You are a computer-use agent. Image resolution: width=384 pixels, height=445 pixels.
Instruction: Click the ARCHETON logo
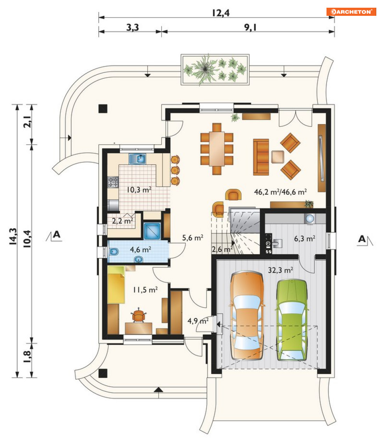(351, 12)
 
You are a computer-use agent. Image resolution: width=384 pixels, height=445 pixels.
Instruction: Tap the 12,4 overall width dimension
(221, 13)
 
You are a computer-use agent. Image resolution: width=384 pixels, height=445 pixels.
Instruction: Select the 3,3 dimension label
(132, 27)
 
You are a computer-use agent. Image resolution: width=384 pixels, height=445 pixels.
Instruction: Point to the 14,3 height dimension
(12, 236)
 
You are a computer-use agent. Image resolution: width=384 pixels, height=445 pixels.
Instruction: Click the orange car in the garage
(247, 315)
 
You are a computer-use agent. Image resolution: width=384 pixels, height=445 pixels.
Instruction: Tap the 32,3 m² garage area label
(280, 270)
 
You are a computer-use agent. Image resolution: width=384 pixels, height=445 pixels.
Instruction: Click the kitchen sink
(138, 159)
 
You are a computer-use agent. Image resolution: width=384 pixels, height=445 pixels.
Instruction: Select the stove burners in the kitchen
(113, 182)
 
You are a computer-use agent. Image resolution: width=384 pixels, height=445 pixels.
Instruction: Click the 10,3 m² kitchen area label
(139, 190)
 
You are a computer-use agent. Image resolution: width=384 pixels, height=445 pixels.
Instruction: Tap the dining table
(217, 149)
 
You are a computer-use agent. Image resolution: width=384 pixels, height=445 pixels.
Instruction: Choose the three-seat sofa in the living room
(261, 157)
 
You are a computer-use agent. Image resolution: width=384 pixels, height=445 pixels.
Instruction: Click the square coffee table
(277, 157)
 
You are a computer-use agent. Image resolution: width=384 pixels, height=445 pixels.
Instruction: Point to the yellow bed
(116, 285)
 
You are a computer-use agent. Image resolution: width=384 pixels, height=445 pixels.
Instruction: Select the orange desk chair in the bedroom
(138, 315)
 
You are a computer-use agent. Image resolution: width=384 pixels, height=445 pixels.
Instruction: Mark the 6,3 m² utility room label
(304, 239)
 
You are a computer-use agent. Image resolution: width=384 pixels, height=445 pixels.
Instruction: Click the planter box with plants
(215, 70)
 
